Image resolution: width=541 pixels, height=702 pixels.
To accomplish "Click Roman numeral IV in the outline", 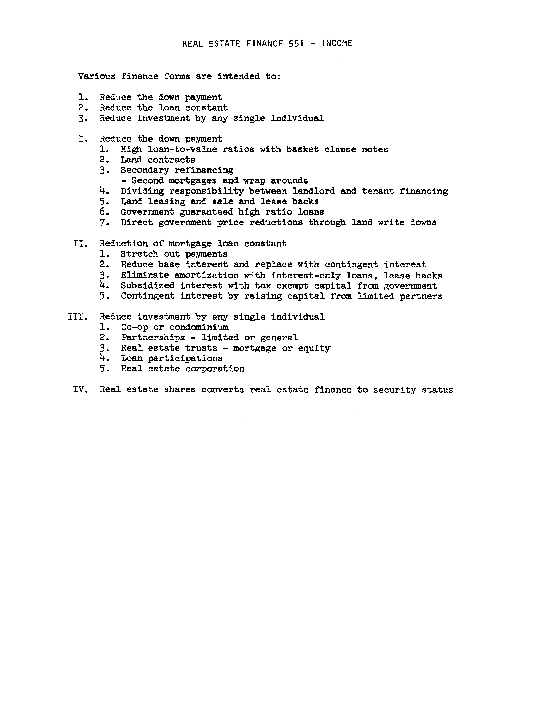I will (80, 390).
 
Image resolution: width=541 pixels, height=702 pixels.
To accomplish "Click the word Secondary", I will (145, 170).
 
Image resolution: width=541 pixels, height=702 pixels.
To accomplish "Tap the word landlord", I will (313, 191).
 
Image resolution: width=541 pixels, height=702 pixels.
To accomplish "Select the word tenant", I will (378, 191).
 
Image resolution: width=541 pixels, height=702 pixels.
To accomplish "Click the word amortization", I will (206, 275).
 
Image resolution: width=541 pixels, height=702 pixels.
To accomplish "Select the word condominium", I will (199, 327).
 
